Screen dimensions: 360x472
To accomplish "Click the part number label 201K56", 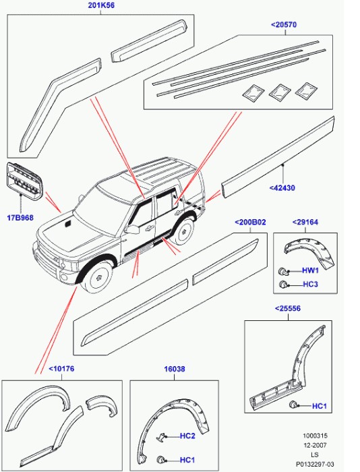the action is click(x=101, y=5).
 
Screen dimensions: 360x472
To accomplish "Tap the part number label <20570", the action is click(x=284, y=25).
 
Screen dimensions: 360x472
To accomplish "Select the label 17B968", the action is click(x=20, y=218).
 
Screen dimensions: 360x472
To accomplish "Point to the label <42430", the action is click(x=282, y=188).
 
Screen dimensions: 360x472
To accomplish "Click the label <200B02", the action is click(x=250, y=222).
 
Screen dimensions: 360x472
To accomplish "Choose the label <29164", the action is click(x=305, y=222).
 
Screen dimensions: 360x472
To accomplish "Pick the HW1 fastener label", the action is click(x=310, y=270).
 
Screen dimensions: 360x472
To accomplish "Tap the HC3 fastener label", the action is click(x=310, y=284).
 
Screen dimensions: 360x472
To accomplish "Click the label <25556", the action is click(x=287, y=308).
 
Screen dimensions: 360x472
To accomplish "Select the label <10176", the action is click(x=61, y=369).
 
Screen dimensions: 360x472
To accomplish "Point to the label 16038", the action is click(x=175, y=369).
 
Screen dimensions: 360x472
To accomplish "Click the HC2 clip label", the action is click(x=187, y=436).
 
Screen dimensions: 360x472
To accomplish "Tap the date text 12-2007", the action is click(x=315, y=445).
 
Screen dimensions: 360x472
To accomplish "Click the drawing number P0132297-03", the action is click(x=315, y=464).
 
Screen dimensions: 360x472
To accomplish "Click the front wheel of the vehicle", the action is click(x=98, y=277).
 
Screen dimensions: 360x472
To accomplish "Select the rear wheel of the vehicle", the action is click(x=183, y=231).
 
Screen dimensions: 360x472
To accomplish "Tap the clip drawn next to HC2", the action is click(x=162, y=438).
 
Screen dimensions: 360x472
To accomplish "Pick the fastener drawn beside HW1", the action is click(x=282, y=271).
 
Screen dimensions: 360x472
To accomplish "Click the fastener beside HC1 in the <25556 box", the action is click(x=293, y=405).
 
